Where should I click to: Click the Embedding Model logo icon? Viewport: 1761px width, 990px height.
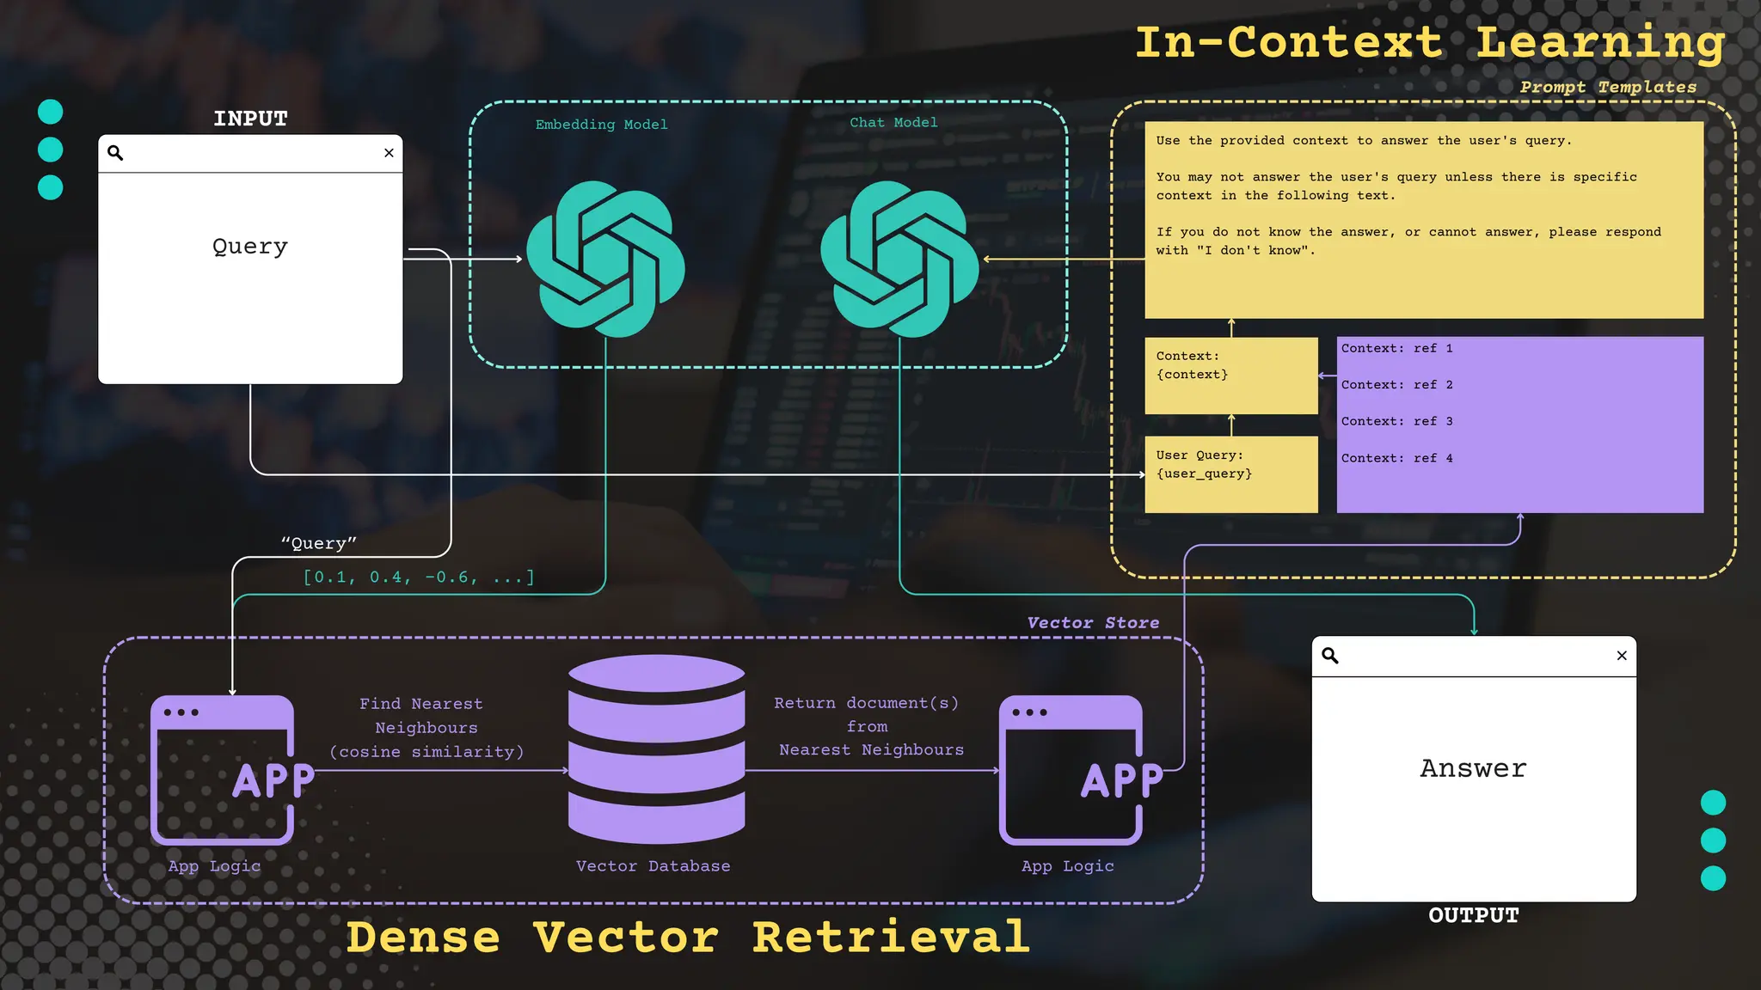click(x=605, y=259)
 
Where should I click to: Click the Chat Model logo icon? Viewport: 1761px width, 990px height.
click(x=899, y=259)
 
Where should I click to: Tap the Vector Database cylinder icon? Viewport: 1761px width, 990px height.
click(x=656, y=749)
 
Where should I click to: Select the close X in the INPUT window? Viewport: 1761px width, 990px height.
click(x=389, y=153)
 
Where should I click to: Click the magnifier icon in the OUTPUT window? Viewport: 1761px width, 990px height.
click(x=1330, y=656)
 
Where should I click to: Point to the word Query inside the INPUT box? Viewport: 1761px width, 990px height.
click(x=250, y=247)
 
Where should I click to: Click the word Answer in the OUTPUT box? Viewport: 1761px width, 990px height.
click(x=1473, y=768)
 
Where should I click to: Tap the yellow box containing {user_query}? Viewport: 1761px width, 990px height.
click(x=1230, y=474)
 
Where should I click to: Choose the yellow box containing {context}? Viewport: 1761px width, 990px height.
click(x=1230, y=375)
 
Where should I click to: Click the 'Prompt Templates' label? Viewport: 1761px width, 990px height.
click(x=1608, y=87)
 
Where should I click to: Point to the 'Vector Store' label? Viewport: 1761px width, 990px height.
click(x=1093, y=622)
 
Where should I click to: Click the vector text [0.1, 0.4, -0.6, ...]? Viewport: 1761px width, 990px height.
click(x=419, y=577)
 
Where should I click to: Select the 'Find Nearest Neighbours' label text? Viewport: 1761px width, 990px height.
click(x=426, y=727)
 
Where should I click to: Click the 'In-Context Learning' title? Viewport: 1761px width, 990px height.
click(x=1430, y=42)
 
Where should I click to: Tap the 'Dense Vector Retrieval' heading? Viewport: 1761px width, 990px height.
click(x=688, y=937)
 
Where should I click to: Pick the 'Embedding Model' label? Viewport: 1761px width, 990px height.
click(x=601, y=125)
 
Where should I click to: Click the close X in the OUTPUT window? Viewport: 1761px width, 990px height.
click(x=1622, y=656)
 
